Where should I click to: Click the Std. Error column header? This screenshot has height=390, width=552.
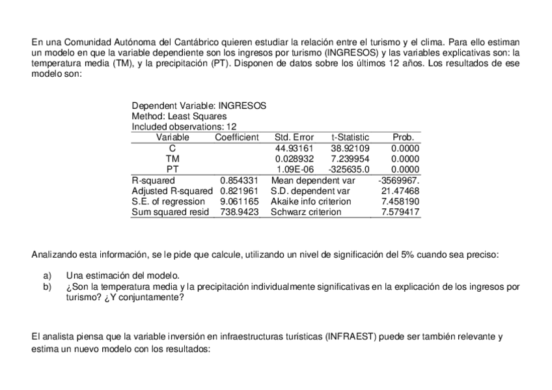pos(294,137)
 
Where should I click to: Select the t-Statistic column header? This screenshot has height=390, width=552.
pos(350,137)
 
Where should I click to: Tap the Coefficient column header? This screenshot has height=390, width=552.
pos(237,137)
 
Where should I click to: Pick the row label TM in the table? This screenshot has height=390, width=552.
pos(172,158)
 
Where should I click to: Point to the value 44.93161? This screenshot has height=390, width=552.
pos(295,148)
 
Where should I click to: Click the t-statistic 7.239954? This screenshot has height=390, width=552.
pos(350,158)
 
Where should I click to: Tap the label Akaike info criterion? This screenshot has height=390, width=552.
pos(311,201)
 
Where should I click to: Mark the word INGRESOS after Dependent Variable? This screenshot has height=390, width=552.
pos(242,105)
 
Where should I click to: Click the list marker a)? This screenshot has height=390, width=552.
pos(47,275)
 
